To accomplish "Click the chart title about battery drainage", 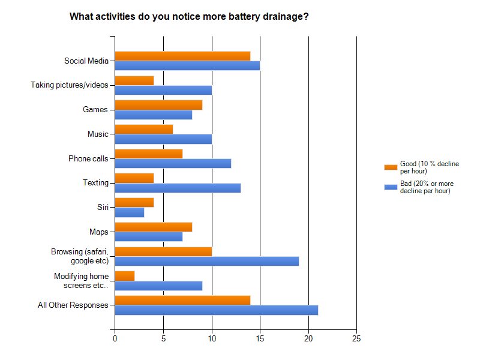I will [189, 16].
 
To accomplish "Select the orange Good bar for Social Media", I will [182, 56].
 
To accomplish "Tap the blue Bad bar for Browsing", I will [206, 261].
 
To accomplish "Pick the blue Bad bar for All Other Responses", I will [216, 310].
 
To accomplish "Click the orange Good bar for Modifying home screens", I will [125, 275].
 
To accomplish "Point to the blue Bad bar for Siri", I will [130, 212].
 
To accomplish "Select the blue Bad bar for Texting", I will [178, 188].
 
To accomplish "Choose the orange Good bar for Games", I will [158, 105].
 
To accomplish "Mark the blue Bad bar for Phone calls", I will [173, 163].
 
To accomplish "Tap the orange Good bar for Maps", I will [154, 227].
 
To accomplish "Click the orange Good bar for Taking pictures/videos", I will [134, 80].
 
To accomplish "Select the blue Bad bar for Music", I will [163, 139].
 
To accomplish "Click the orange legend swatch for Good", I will [391, 167].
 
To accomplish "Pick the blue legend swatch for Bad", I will [391, 187].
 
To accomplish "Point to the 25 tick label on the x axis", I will [356, 338].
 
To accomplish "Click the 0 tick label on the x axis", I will [115, 338].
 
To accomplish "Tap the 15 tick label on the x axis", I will [260, 338].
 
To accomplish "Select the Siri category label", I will [103, 207].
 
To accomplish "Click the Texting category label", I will [95, 182].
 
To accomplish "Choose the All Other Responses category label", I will [73, 305].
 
